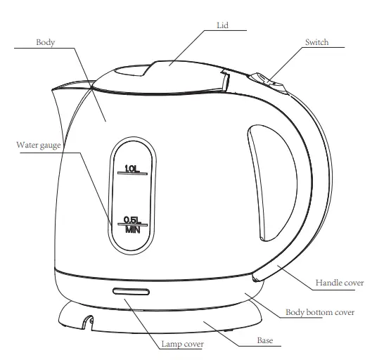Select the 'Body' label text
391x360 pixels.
point(46,42)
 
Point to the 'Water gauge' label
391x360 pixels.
point(39,146)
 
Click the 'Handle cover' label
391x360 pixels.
point(339,283)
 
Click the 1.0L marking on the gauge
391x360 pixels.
point(131,167)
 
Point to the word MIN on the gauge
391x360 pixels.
point(132,229)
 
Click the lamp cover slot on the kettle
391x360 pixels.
point(129,291)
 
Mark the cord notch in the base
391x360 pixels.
point(87,321)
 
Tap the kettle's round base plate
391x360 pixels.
point(162,320)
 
